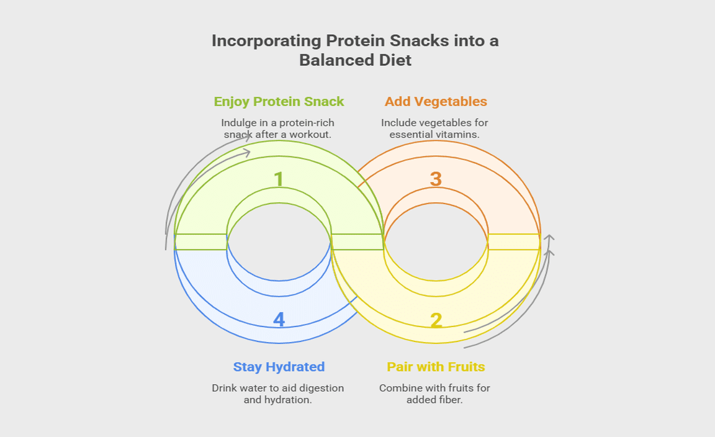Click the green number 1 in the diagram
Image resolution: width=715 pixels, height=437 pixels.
tap(279, 179)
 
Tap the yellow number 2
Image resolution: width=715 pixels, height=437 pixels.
tap(436, 320)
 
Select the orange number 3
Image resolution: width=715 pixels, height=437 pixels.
tap(436, 179)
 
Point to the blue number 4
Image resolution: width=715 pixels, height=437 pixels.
tap(279, 320)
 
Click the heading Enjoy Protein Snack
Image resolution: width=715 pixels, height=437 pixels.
tap(279, 101)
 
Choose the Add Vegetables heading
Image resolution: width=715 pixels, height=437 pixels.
tap(436, 101)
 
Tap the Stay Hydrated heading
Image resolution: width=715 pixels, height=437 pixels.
tap(279, 367)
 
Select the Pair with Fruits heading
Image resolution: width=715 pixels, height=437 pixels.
tap(436, 367)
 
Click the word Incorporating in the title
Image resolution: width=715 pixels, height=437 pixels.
tap(265, 41)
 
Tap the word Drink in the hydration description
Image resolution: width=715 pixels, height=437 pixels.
tap(225, 388)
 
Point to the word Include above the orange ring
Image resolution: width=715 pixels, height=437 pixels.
tap(398, 123)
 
